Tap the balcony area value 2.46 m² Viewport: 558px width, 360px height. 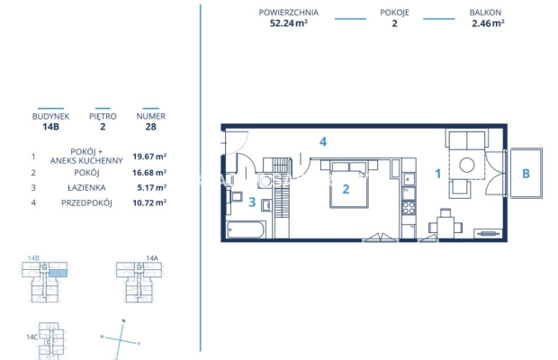(487, 24)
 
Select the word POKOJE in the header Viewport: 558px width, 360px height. (393, 13)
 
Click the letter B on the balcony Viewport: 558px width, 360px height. (526, 175)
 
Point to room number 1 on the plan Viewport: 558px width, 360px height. (438, 175)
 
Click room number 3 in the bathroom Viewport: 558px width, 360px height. (253, 202)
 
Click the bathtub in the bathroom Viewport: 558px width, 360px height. (245, 229)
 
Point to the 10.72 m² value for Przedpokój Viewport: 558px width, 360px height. (149, 202)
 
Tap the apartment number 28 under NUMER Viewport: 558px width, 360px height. (150, 128)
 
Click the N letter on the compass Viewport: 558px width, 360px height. (122, 321)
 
